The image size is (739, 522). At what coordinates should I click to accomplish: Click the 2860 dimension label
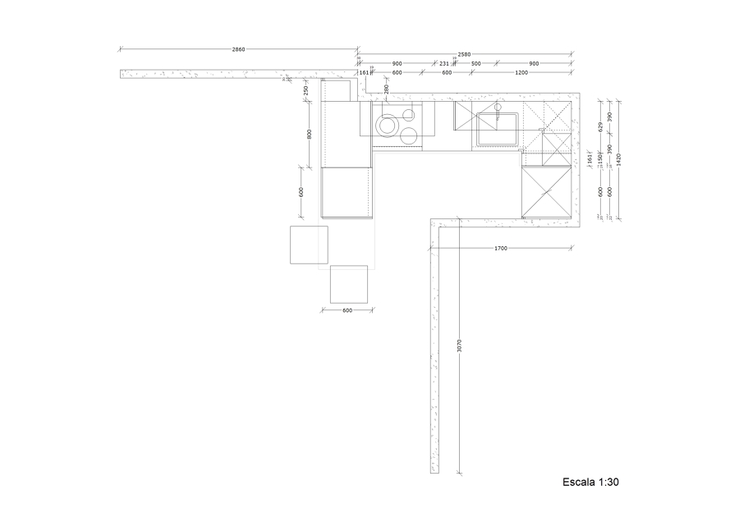point(238,50)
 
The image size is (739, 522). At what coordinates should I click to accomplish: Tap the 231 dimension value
point(444,63)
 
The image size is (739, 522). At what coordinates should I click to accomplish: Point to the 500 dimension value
point(475,63)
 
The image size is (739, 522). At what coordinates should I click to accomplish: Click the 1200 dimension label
point(521,73)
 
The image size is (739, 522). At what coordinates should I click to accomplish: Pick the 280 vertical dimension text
point(386,88)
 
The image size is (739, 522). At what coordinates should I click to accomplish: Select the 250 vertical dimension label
point(306,89)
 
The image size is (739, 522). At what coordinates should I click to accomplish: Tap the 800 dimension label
point(310,134)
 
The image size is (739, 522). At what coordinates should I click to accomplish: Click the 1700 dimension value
point(501,248)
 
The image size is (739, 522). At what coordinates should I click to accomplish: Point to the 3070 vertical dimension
point(460,346)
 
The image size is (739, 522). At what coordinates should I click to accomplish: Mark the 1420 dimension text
point(619,159)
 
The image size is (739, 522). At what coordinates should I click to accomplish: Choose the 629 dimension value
point(600,126)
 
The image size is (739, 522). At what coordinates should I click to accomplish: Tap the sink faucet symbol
point(498,108)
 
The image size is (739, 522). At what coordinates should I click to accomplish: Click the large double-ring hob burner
point(386,126)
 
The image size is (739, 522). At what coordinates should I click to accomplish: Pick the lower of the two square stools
point(349,284)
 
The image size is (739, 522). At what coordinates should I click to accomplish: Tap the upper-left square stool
point(309,245)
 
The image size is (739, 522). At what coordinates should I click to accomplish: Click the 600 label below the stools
point(347,310)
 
